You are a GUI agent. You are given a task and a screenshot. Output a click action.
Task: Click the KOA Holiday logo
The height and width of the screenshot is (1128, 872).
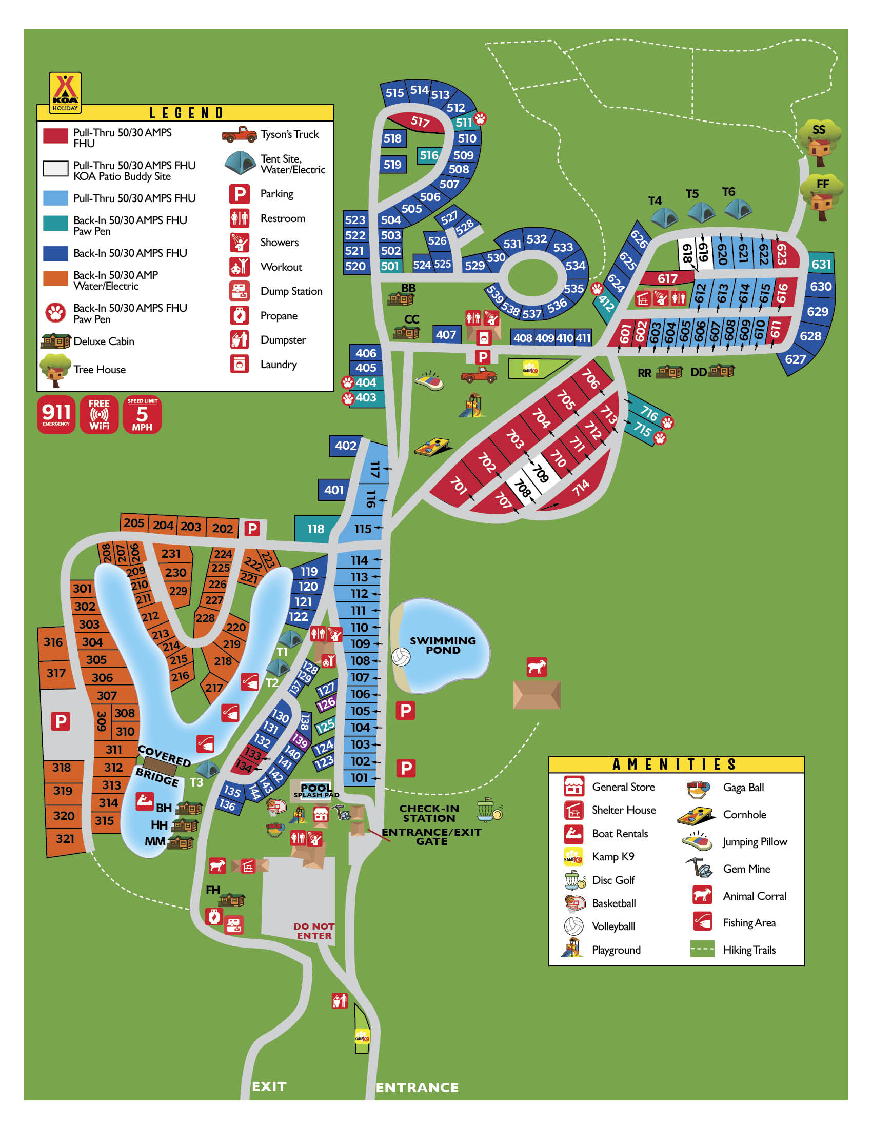click(x=65, y=92)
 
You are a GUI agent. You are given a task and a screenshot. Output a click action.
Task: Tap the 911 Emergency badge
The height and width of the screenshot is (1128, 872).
click(x=56, y=415)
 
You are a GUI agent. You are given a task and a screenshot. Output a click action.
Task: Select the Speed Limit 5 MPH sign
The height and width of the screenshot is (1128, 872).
click(x=142, y=415)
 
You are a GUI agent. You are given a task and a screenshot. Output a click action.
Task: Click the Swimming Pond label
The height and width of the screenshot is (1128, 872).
click(x=443, y=645)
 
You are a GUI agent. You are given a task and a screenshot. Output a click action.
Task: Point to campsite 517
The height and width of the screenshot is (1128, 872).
click(x=420, y=122)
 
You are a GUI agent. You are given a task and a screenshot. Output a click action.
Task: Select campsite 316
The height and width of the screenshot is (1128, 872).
click(x=53, y=642)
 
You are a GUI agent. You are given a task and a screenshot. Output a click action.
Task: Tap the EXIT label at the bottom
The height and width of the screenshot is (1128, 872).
click(x=269, y=1086)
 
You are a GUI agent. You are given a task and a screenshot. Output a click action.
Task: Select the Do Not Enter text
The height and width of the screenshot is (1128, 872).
click(x=314, y=931)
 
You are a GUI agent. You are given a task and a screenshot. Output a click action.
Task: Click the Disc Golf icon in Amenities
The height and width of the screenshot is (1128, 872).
click(x=575, y=880)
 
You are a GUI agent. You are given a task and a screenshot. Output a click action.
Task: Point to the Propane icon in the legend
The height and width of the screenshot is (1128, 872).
click(x=240, y=315)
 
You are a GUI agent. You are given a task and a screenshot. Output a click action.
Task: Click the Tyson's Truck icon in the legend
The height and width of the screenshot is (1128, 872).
click(x=239, y=134)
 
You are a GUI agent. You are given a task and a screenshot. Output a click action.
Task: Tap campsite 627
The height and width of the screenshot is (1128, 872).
click(x=795, y=359)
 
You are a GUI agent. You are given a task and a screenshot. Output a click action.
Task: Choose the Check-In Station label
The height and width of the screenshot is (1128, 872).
click(x=429, y=814)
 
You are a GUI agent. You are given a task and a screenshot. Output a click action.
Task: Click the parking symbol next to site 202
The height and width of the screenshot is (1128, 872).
click(x=252, y=528)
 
